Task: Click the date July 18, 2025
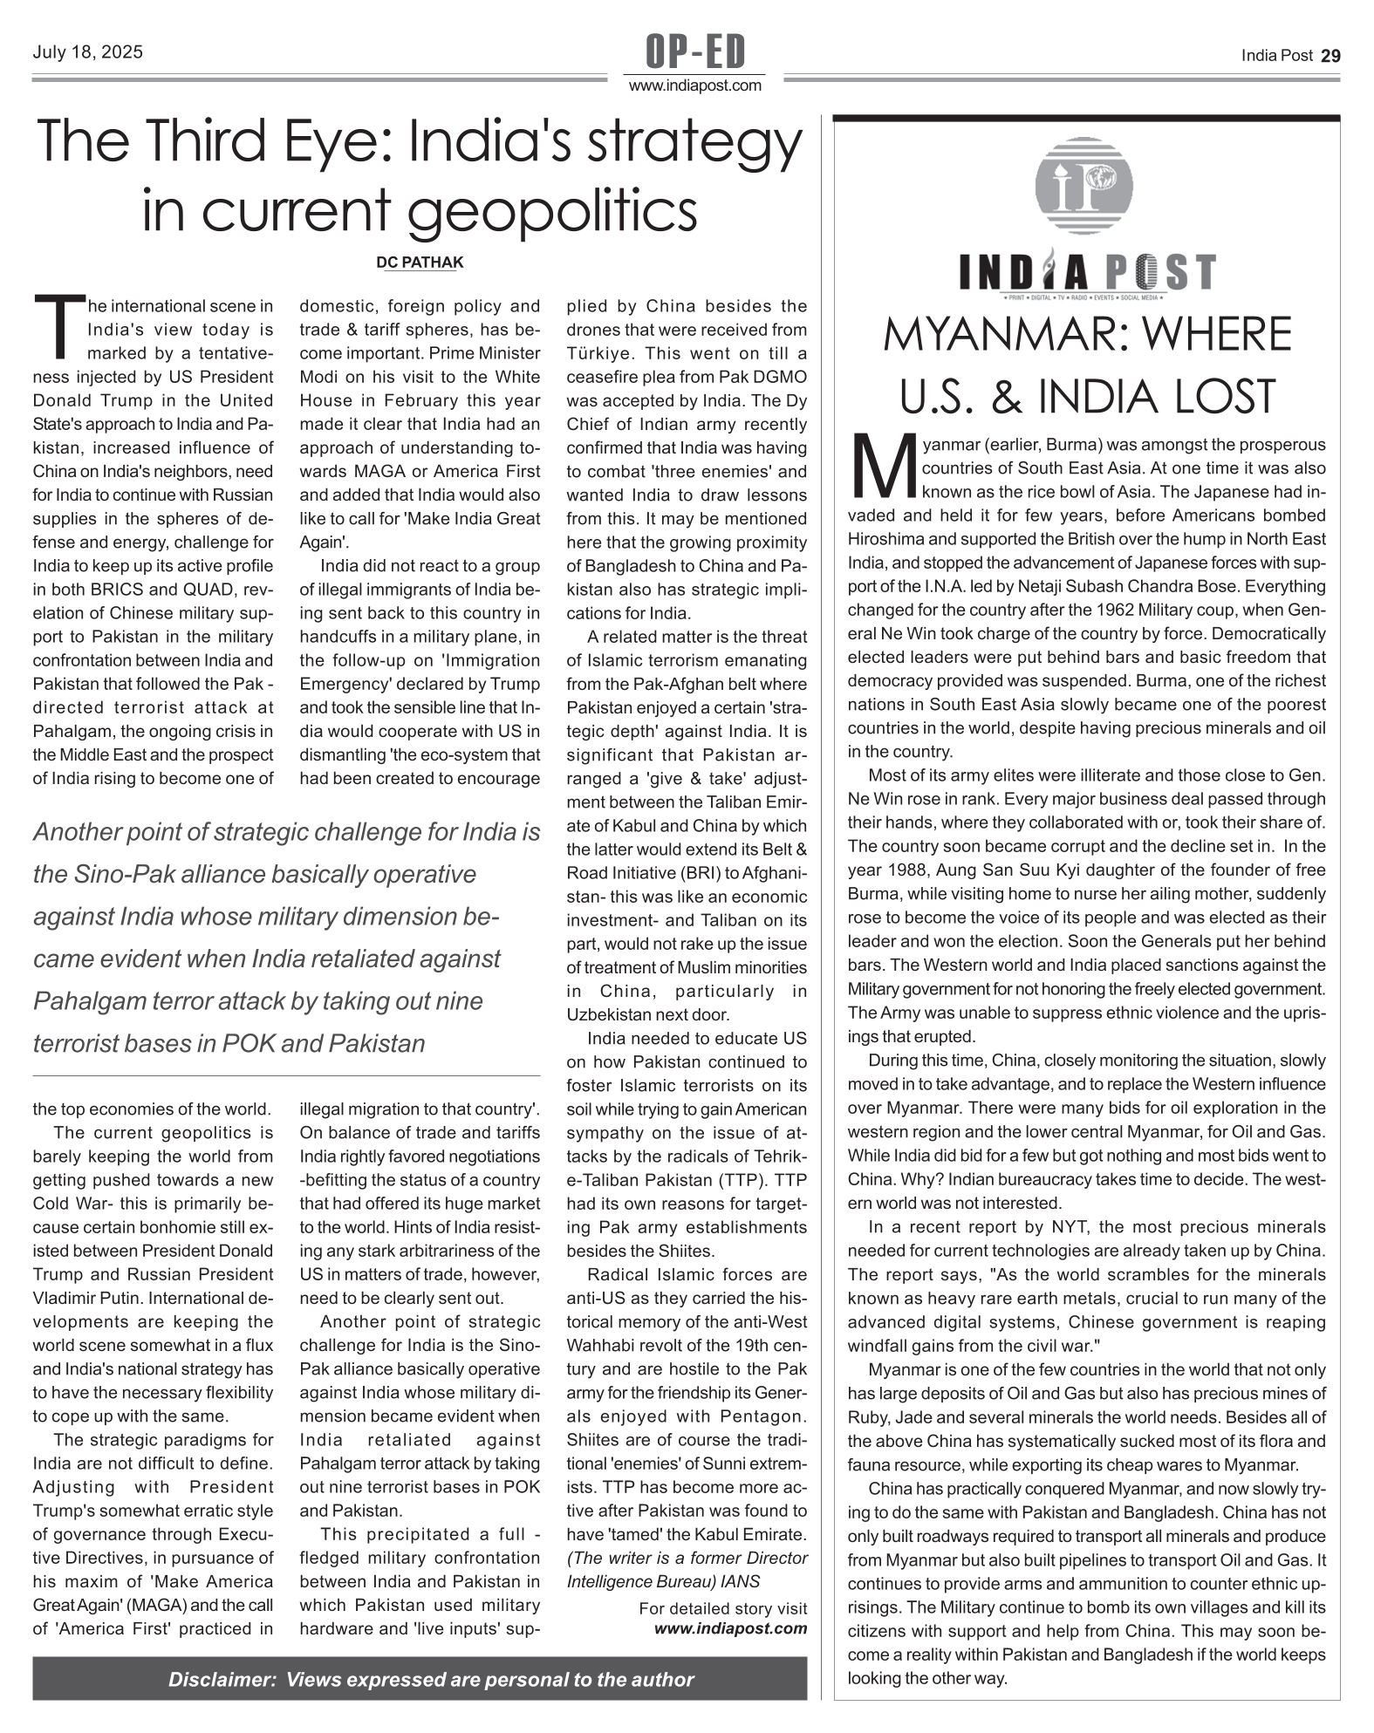(87, 52)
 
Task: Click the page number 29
(1330, 56)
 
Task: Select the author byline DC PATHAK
(420, 263)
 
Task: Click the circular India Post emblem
(1083, 185)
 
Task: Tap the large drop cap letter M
(882, 462)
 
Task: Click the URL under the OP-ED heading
(695, 85)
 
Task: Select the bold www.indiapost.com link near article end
(730, 1628)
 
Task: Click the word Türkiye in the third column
(603, 354)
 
